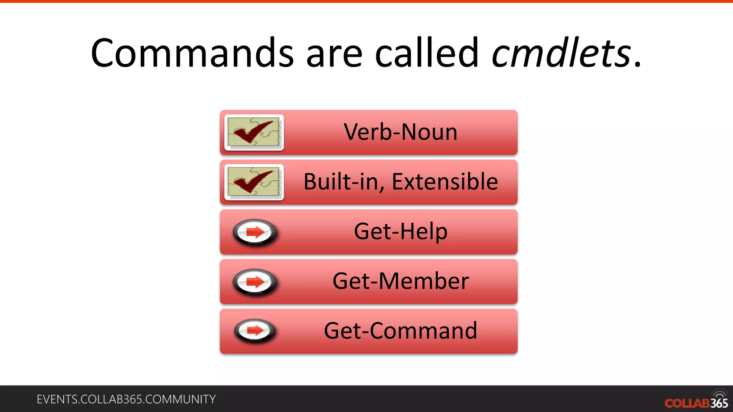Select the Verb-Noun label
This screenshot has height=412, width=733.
point(401,132)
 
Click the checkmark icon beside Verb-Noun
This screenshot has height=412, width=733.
point(254,132)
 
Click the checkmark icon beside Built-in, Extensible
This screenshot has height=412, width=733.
point(254,182)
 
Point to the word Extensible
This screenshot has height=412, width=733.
point(445,182)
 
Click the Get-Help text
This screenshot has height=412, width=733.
point(401,231)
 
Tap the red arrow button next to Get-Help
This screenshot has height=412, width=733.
point(255,232)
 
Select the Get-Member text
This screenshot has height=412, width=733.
point(401,281)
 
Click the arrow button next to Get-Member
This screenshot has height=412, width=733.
point(255,282)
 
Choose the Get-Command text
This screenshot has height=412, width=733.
point(401,331)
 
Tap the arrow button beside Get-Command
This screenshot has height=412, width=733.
point(255,330)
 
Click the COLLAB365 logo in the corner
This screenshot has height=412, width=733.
point(696,403)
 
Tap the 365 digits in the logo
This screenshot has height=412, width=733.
point(719,403)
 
